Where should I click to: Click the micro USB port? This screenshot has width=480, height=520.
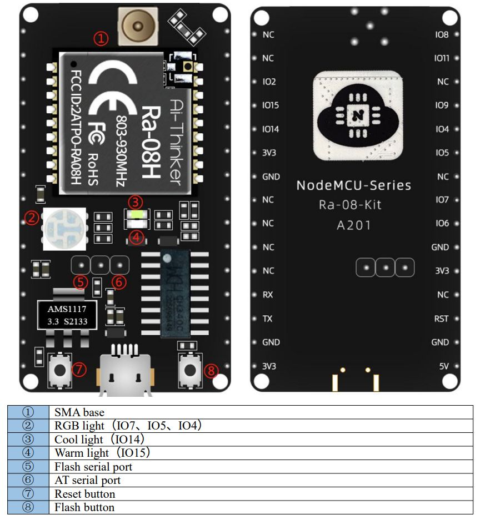(125, 368)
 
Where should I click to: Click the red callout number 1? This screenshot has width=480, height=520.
(101, 38)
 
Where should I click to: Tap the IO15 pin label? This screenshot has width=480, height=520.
(270, 105)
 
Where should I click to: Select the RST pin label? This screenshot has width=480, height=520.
(441, 319)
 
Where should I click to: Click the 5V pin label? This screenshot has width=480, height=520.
(443, 366)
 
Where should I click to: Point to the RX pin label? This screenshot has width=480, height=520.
(268, 295)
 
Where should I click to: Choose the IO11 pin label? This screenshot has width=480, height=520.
(442, 58)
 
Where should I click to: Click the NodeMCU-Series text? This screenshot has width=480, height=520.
(353, 185)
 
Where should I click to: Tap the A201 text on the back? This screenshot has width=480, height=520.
(353, 225)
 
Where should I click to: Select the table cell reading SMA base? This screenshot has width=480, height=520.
(79, 412)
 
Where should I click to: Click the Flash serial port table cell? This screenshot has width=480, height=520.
(93, 467)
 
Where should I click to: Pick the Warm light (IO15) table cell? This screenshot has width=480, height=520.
(102, 453)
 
